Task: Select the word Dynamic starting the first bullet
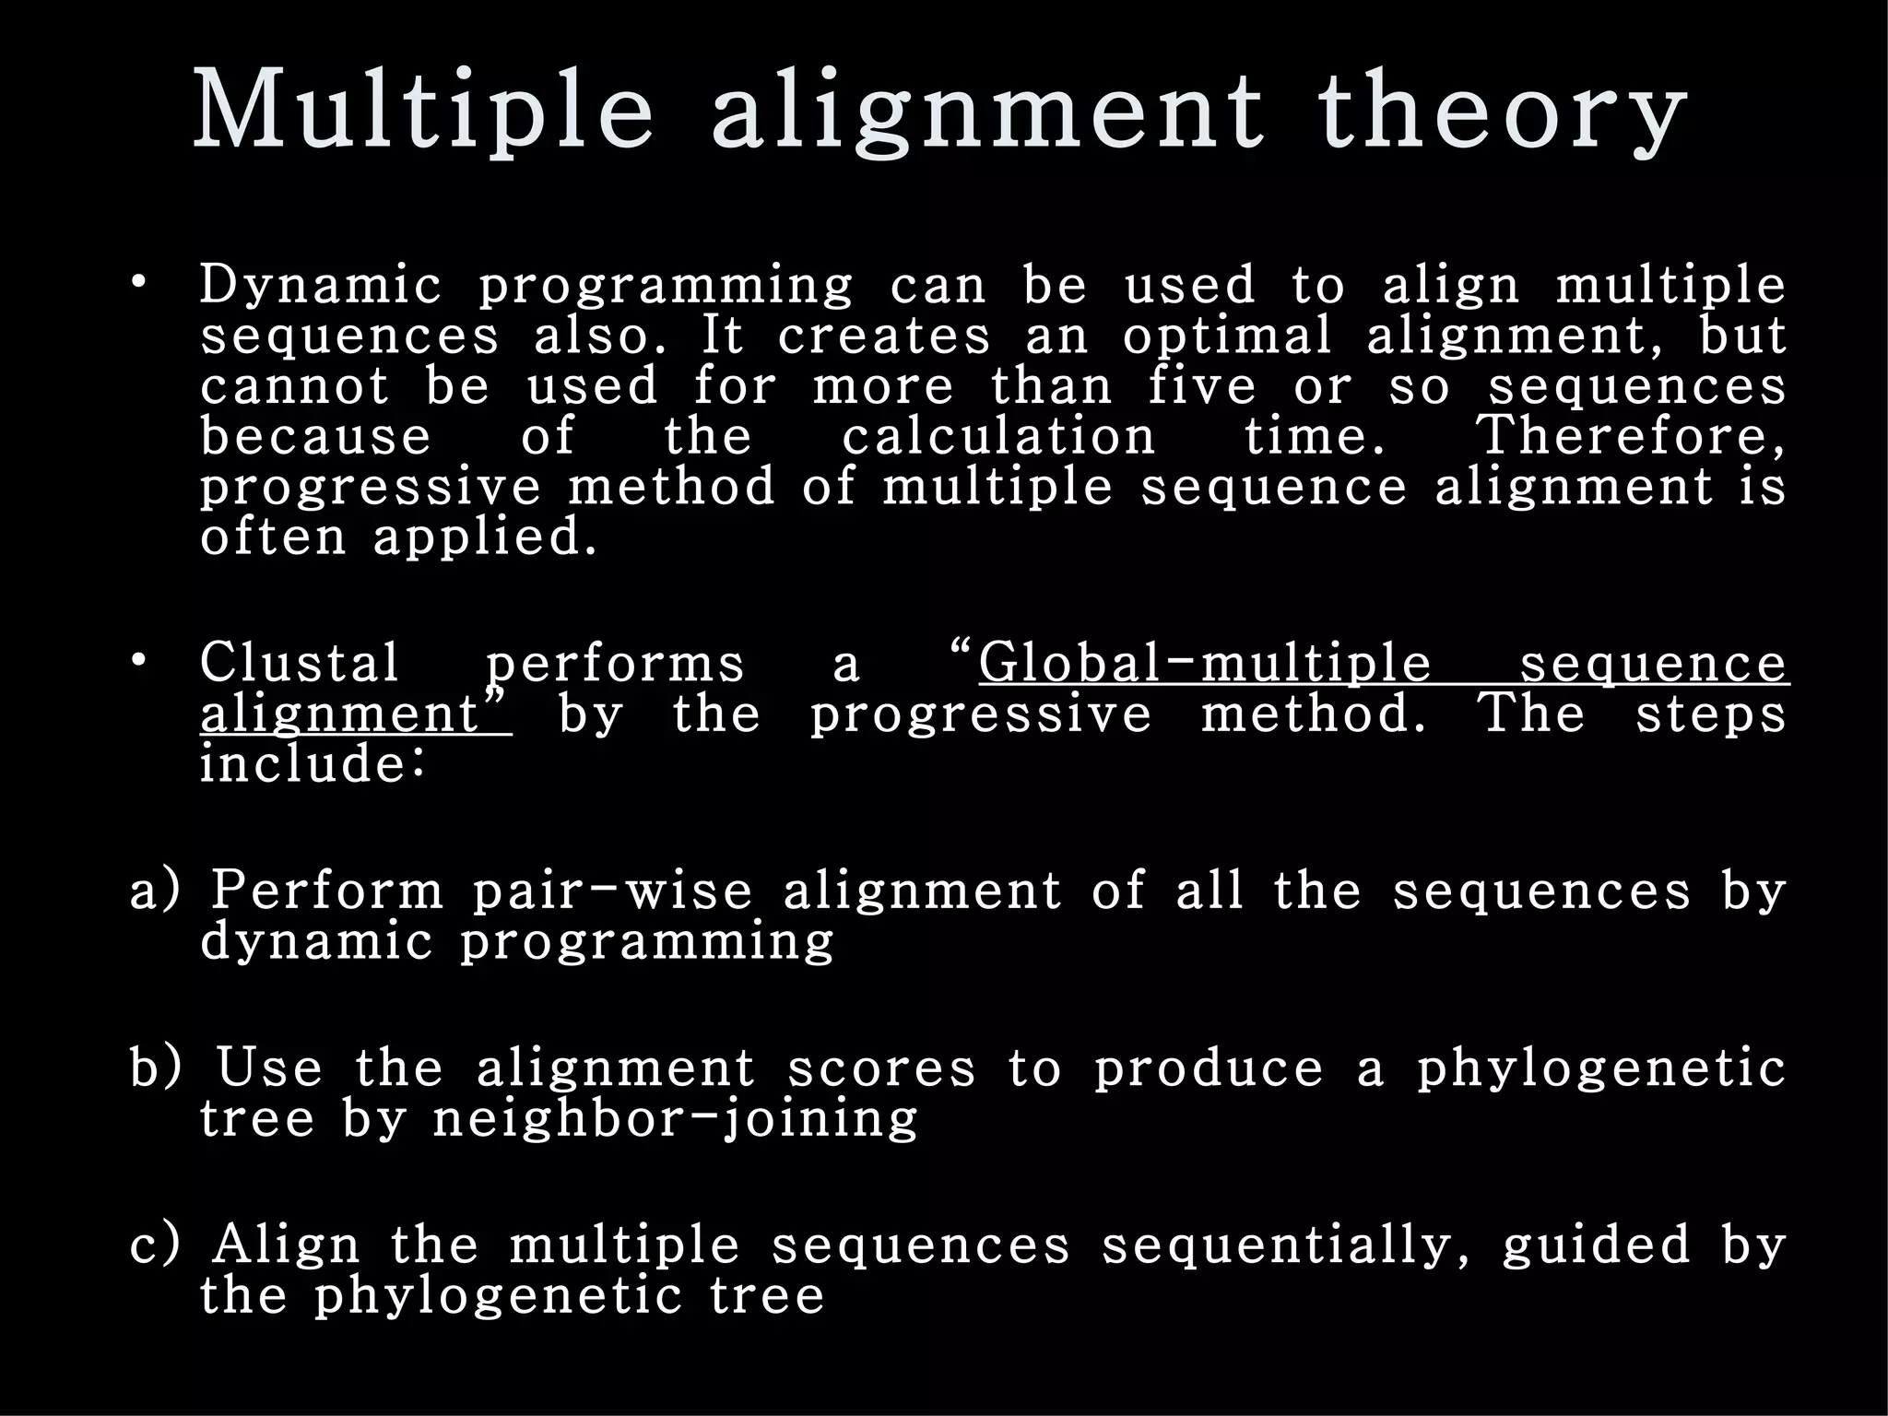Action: [x=320, y=286]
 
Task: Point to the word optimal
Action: [x=1227, y=336]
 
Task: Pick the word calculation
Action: [x=997, y=435]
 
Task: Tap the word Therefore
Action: [x=1630, y=435]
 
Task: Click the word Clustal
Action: [x=300, y=662]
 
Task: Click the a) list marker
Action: [x=155, y=892]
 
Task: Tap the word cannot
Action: [x=295, y=385]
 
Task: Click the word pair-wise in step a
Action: [x=612, y=892]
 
